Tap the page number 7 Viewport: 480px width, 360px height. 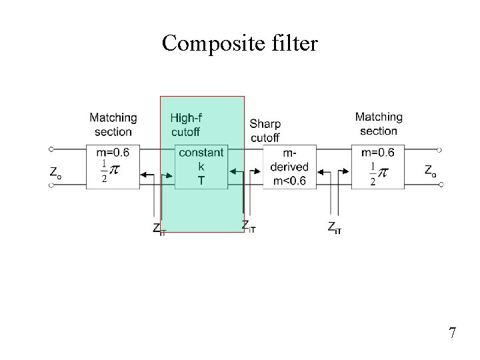pyautogui.click(x=452, y=333)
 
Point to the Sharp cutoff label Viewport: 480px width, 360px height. pyautogui.click(x=265, y=131)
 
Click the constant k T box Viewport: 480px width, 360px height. pyautogui.click(x=201, y=167)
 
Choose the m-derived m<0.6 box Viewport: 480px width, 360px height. pyautogui.click(x=289, y=167)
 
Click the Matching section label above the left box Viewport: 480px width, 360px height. pyautogui.click(x=113, y=125)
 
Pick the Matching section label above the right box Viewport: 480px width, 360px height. pyautogui.click(x=379, y=124)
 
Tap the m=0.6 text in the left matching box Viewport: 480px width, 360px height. pyautogui.click(x=113, y=153)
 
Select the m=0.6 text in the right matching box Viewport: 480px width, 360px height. pyautogui.click(x=377, y=153)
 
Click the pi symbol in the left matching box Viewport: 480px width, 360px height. pyautogui.click(x=115, y=171)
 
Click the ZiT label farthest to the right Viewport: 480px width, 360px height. pyautogui.click(x=335, y=227)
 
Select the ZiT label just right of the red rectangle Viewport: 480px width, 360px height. pyautogui.click(x=249, y=227)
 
